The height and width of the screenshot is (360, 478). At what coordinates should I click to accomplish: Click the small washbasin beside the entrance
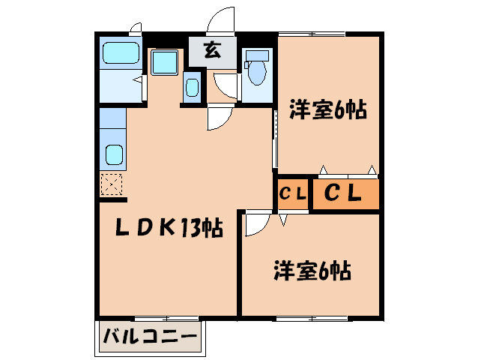pyautogui.click(x=192, y=87)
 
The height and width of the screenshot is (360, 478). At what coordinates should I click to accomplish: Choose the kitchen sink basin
pyautogui.click(x=113, y=154)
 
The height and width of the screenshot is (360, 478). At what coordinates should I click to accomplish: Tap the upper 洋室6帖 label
pyautogui.click(x=327, y=112)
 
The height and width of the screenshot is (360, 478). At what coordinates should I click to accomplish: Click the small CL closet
pyautogui.click(x=292, y=193)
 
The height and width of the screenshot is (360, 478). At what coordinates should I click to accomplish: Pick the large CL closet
pyautogui.click(x=343, y=193)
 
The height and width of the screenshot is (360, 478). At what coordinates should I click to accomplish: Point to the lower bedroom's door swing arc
pyautogui.click(x=255, y=223)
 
